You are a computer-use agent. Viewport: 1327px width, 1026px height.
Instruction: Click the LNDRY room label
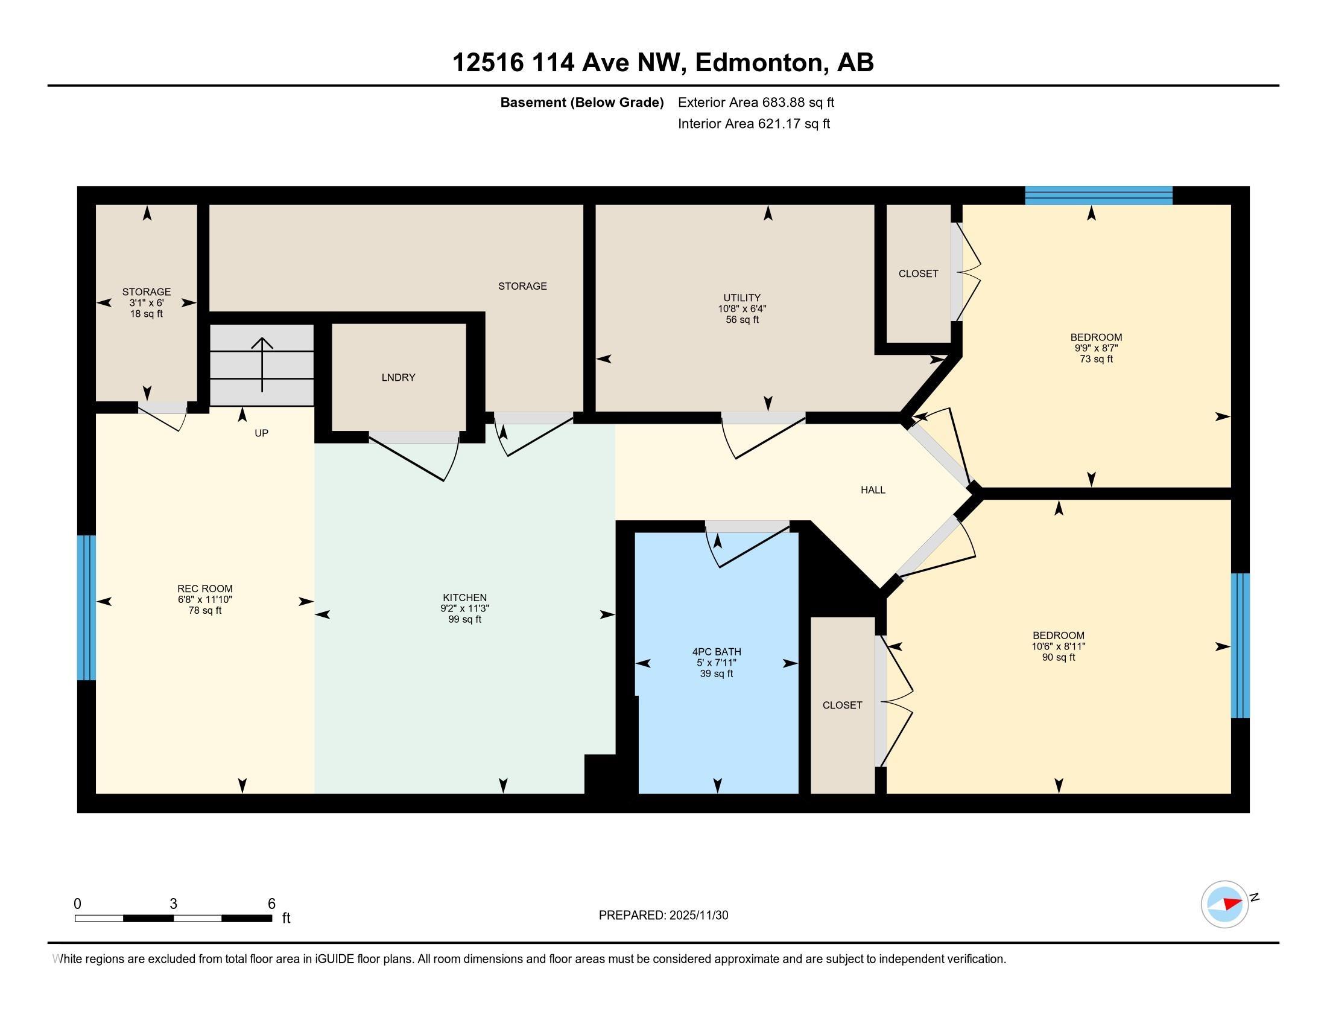click(x=398, y=377)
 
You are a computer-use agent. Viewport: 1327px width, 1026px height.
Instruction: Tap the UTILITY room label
click(x=741, y=298)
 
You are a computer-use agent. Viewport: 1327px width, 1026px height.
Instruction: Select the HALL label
click(x=873, y=490)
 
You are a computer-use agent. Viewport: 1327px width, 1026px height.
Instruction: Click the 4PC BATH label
click(x=717, y=652)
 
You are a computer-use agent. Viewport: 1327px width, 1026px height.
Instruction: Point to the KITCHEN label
click(x=465, y=597)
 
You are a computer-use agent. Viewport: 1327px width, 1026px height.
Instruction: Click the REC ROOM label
click(x=204, y=588)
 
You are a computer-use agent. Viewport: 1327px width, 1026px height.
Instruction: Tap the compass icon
click(x=1224, y=905)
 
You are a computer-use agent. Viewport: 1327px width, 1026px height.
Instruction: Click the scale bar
click(x=173, y=918)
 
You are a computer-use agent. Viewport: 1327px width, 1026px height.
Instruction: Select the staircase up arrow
click(x=262, y=365)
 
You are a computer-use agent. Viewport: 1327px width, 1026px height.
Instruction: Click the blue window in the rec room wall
click(x=86, y=607)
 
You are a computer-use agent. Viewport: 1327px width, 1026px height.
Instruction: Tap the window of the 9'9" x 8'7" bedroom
click(x=1098, y=196)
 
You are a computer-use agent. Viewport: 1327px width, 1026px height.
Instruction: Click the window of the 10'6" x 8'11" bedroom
click(x=1240, y=646)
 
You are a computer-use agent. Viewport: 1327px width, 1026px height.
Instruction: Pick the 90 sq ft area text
click(x=1059, y=657)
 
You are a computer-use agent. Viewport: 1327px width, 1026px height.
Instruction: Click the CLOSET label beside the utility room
click(x=918, y=273)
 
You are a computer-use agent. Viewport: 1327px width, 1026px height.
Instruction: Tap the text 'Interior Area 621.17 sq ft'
click(x=753, y=123)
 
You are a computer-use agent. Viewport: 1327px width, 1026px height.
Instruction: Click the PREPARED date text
click(x=663, y=915)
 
